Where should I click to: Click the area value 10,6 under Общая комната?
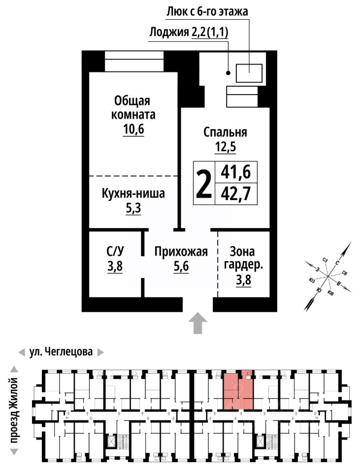pos(133,129)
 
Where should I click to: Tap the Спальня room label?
pos(225,132)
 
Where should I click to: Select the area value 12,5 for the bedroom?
pos(226,147)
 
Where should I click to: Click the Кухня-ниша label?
pos(133,193)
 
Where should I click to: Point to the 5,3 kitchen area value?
pos(133,208)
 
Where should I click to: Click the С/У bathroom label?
pos(115,251)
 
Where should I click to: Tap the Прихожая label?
pos(181,252)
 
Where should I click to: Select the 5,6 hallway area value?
pos(181,267)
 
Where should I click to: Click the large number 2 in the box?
pos(204,183)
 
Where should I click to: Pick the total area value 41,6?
pos(236,172)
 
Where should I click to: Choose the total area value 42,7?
pos(236,194)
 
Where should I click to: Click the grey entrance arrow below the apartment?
pos(197,323)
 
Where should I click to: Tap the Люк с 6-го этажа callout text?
pos(207,11)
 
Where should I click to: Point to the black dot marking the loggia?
pos(228,73)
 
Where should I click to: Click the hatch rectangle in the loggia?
pos(249,73)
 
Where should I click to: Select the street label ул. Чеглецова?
pos(61,352)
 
